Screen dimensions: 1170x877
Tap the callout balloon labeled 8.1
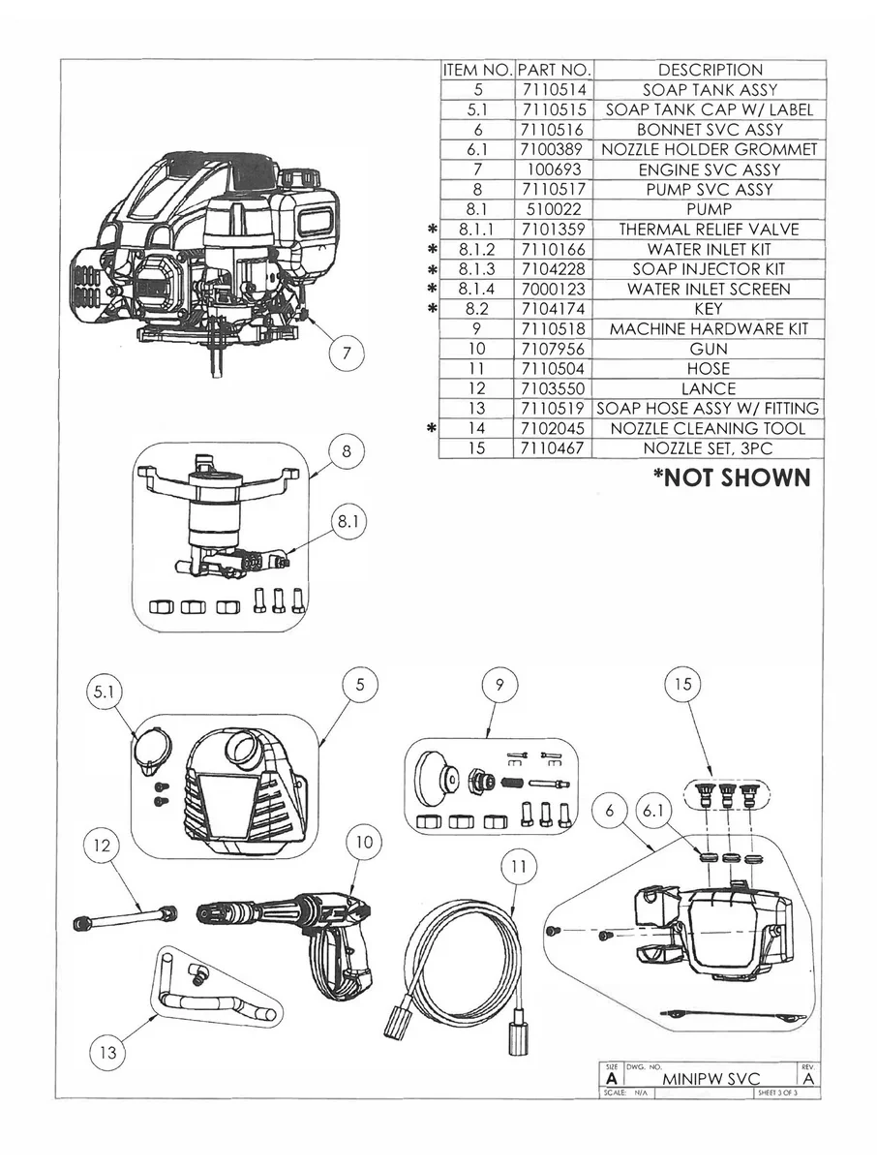(348, 522)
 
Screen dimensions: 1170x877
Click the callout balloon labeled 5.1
(104, 693)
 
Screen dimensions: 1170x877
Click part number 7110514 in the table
(553, 90)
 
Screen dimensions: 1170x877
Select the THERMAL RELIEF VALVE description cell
(709, 230)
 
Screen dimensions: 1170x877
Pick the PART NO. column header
(553, 70)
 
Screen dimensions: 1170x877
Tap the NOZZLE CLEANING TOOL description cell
(709, 428)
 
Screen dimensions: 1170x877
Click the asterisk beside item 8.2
(433, 309)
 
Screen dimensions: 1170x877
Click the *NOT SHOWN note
(730, 477)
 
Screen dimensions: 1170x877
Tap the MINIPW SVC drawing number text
(711, 1078)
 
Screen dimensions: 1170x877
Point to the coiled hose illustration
(461, 960)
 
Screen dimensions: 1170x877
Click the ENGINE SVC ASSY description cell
(709, 169)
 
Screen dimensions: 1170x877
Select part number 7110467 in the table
(553, 448)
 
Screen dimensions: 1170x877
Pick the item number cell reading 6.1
(477, 149)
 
